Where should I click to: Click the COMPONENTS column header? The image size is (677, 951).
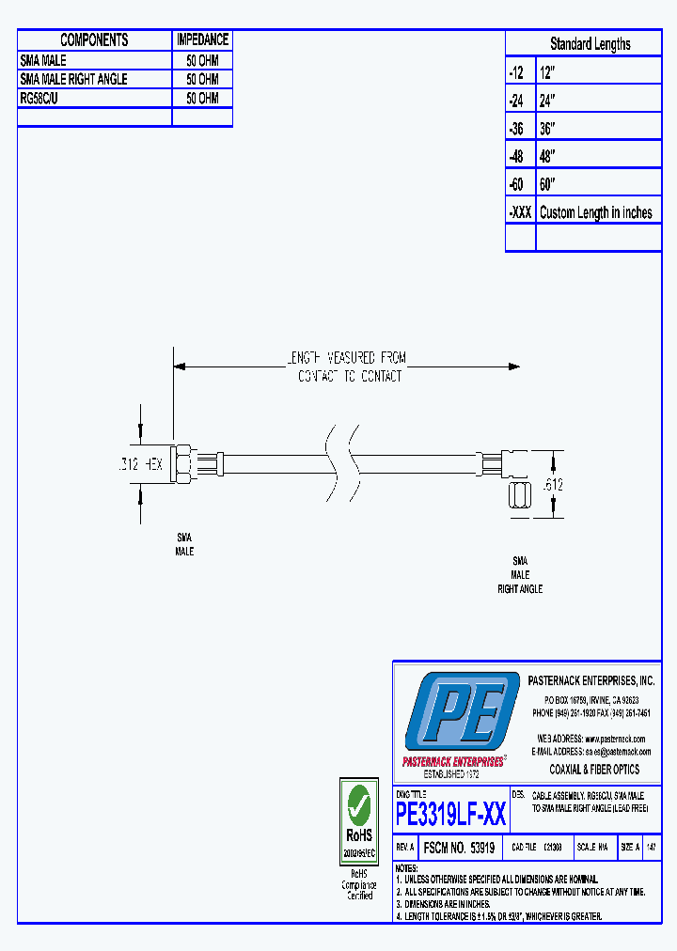[94, 39]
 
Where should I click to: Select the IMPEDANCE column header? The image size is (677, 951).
[202, 39]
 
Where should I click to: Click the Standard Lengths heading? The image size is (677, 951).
[590, 44]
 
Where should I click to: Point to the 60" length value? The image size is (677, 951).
[548, 184]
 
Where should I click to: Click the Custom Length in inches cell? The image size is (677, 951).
[596, 212]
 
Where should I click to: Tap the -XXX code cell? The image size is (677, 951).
[520, 212]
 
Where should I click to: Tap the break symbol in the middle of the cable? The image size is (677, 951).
[343, 463]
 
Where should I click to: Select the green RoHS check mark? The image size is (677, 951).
[358, 804]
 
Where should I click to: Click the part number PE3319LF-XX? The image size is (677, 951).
[451, 814]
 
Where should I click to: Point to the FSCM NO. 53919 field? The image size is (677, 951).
[459, 847]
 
